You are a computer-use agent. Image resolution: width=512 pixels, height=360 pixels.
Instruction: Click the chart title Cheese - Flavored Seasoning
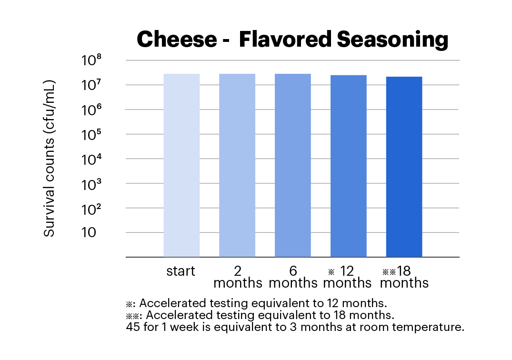pos(292,40)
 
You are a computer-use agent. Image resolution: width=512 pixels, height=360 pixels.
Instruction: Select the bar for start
pos(181,165)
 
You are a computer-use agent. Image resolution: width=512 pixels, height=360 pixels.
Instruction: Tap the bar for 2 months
pos(237,165)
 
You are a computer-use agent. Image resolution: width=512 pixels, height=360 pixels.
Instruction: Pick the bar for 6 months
pos(293,165)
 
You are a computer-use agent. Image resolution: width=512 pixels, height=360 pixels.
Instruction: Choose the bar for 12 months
pos(349,166)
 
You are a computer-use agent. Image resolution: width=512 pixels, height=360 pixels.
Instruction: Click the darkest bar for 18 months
pos(404,167)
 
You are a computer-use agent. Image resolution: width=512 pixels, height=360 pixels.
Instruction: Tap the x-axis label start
pos(181,272)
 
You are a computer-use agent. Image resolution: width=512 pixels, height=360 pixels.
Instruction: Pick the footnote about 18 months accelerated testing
pos(260,315)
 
